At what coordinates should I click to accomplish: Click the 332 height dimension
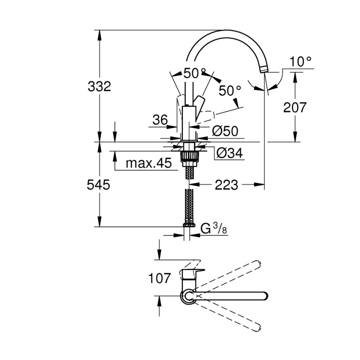(100, 87)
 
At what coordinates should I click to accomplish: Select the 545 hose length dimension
(99, 185)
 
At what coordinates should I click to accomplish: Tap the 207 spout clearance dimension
(295, 107)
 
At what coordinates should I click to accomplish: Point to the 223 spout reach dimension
(227, 185)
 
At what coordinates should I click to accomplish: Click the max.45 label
(148, 163)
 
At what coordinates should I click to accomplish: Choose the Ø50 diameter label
(225, 131)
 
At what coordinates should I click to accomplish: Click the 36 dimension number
(160, 120)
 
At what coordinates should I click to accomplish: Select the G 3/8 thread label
(214, 228)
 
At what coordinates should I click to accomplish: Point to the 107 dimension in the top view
(159, 278)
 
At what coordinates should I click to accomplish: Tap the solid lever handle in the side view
(200, 105)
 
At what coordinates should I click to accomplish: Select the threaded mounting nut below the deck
(190, 158)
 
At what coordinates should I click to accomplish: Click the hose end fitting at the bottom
(190, 225)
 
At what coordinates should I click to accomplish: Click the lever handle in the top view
(191, 274)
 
